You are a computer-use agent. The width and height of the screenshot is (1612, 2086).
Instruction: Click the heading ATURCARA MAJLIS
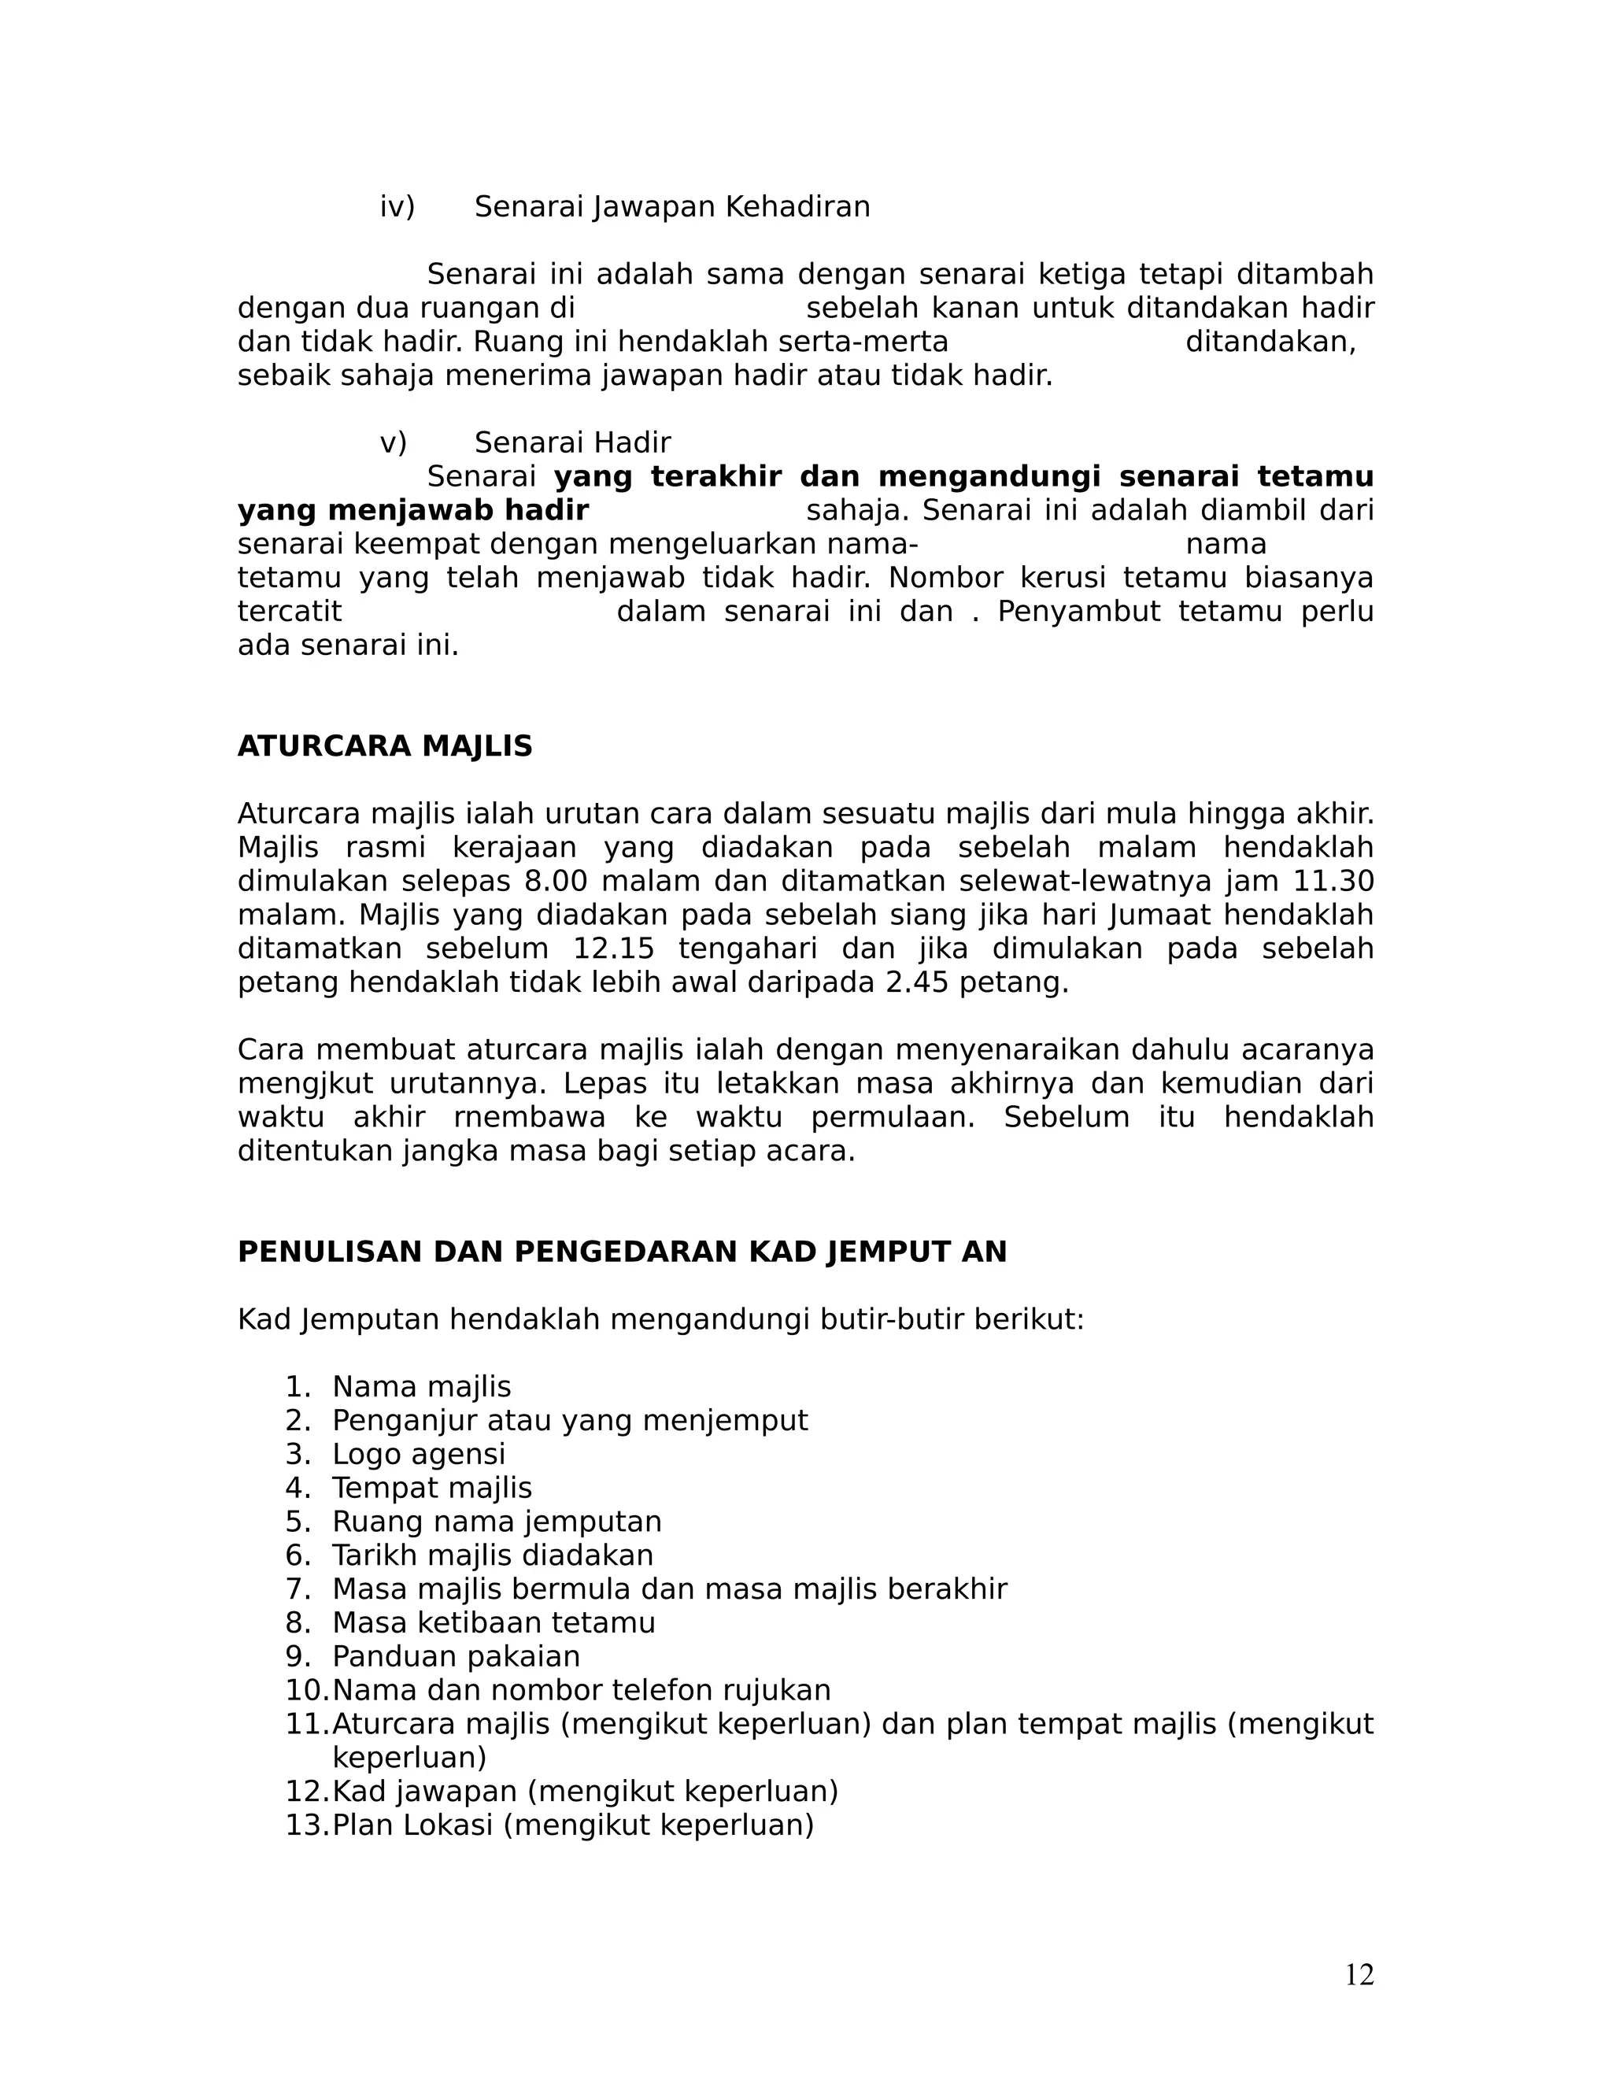click(385, 746)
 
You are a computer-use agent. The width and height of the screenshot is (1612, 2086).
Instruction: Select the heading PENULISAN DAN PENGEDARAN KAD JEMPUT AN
click(622, 1252)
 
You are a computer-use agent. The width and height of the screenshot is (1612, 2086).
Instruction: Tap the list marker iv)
click(397, 206)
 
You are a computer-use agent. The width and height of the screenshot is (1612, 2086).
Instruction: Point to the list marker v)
click(394, 443)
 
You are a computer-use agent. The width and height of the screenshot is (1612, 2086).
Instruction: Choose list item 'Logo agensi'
click(418, 1455)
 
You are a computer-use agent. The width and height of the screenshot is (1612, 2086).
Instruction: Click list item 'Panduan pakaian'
click(456, 1657)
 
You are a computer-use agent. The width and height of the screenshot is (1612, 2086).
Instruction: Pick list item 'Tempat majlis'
click(431, 1488)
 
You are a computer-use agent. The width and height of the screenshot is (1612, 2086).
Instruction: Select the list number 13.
click(305, 1825)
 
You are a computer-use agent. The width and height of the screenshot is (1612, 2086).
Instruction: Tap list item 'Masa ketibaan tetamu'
click(494, 1623)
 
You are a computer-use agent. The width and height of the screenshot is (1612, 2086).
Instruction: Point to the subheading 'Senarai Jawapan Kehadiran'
click(672, 206)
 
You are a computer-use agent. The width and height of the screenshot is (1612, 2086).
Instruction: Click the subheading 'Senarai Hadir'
click(572, 443)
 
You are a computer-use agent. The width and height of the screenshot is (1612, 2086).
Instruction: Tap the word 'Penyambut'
click(1079, 612)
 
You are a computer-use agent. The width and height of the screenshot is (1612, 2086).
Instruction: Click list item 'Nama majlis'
click(421, 1387)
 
